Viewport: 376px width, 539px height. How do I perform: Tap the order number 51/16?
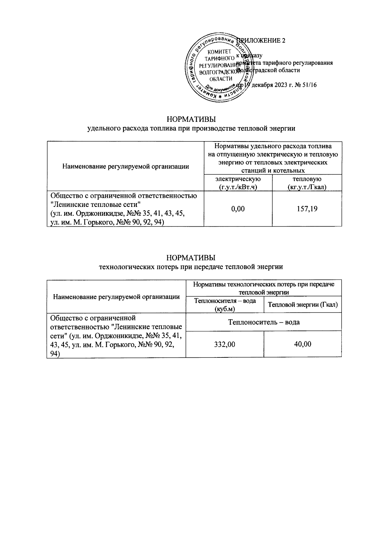[310, 85]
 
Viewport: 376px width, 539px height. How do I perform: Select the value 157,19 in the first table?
[307, 209]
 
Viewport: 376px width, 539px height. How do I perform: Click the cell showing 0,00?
[238, 209]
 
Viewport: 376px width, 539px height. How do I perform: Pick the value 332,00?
[225, 344]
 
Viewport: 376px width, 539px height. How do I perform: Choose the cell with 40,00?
[302, 344]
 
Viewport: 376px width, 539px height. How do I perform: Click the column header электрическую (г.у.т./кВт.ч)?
[238, 183]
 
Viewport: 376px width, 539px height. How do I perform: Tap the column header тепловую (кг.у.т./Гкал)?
[307, 183]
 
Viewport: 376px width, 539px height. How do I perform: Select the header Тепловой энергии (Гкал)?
[303, 305]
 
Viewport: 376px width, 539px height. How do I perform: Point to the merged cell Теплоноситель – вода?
[264, 322]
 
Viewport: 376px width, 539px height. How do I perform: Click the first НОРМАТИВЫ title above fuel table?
[191, 120]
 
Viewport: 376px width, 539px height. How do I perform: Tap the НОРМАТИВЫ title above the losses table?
[191, 258]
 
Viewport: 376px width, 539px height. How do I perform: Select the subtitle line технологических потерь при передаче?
[191, 267]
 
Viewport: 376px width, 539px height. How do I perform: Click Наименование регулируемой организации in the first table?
[125, 167]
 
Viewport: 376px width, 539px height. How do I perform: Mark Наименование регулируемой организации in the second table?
[116, 296]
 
